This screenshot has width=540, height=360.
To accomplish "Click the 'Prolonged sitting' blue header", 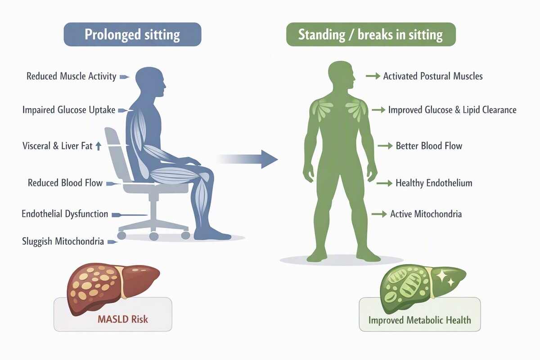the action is coord(132,34).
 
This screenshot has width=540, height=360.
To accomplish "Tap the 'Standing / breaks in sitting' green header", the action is coord(371,34).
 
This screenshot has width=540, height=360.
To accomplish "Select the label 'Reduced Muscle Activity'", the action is coord(72,76).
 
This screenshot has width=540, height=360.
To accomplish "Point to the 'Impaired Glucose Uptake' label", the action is coord(69,110).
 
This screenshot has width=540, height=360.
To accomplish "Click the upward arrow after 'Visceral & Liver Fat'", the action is coord(98,146).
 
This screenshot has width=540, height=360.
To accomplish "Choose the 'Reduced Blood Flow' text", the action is coord(65,183).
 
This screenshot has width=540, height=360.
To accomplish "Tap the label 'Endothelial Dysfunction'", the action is coord(65,214).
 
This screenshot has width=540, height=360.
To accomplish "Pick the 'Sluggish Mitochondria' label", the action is coord(63,241).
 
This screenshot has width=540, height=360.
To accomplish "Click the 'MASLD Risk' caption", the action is coord(123,319).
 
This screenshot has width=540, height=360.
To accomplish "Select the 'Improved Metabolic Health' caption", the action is coord(420,320).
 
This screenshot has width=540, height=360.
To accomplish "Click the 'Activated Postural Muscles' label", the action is coord(433,76).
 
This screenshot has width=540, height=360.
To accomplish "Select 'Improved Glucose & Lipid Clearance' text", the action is coord(452,110).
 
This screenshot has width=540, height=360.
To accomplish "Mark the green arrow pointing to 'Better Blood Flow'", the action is coord(385,146).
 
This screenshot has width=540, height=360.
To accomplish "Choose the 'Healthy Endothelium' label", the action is coord(434,183).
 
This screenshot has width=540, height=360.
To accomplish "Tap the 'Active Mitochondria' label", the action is coord(426,214).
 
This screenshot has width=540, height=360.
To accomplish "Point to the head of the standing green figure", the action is coord(342,76).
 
